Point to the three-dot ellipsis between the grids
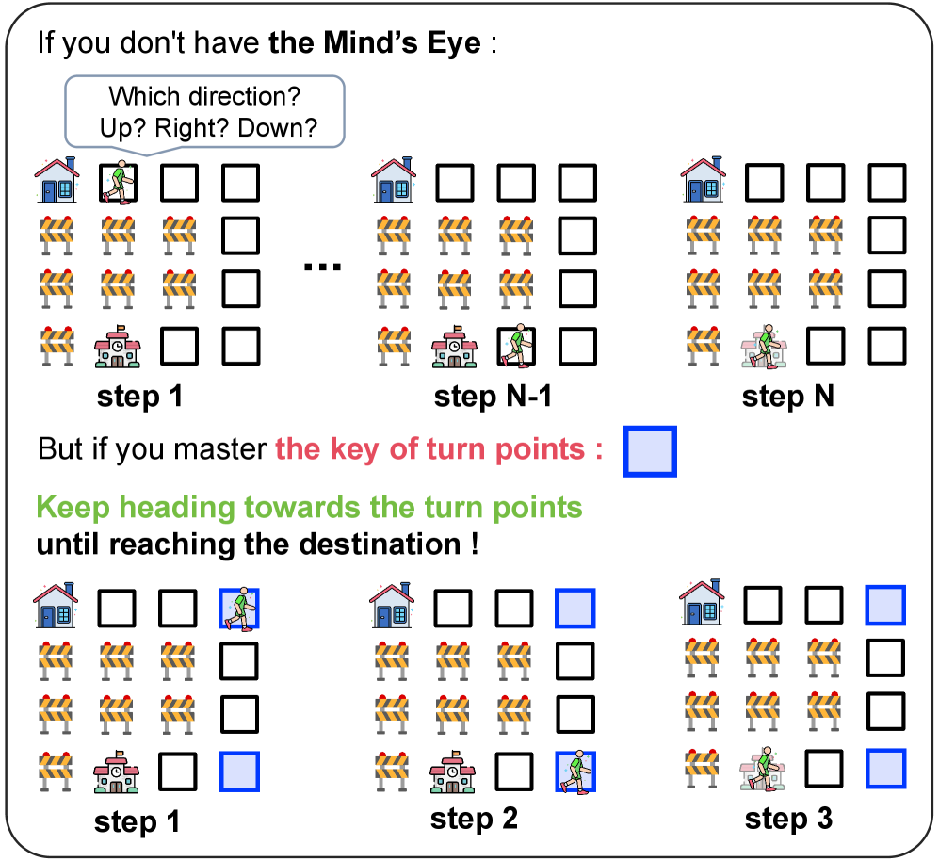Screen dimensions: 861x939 322,267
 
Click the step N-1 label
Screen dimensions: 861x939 493,397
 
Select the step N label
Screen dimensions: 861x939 787,397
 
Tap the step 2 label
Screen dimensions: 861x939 474,818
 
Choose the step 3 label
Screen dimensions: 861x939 788,819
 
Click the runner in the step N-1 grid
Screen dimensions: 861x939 515,346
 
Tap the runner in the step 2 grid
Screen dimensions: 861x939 575,771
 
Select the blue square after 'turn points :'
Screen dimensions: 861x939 649,450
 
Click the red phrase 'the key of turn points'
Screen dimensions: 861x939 439,448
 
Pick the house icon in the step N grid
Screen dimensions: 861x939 704,180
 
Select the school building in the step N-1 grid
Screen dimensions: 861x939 454,347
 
